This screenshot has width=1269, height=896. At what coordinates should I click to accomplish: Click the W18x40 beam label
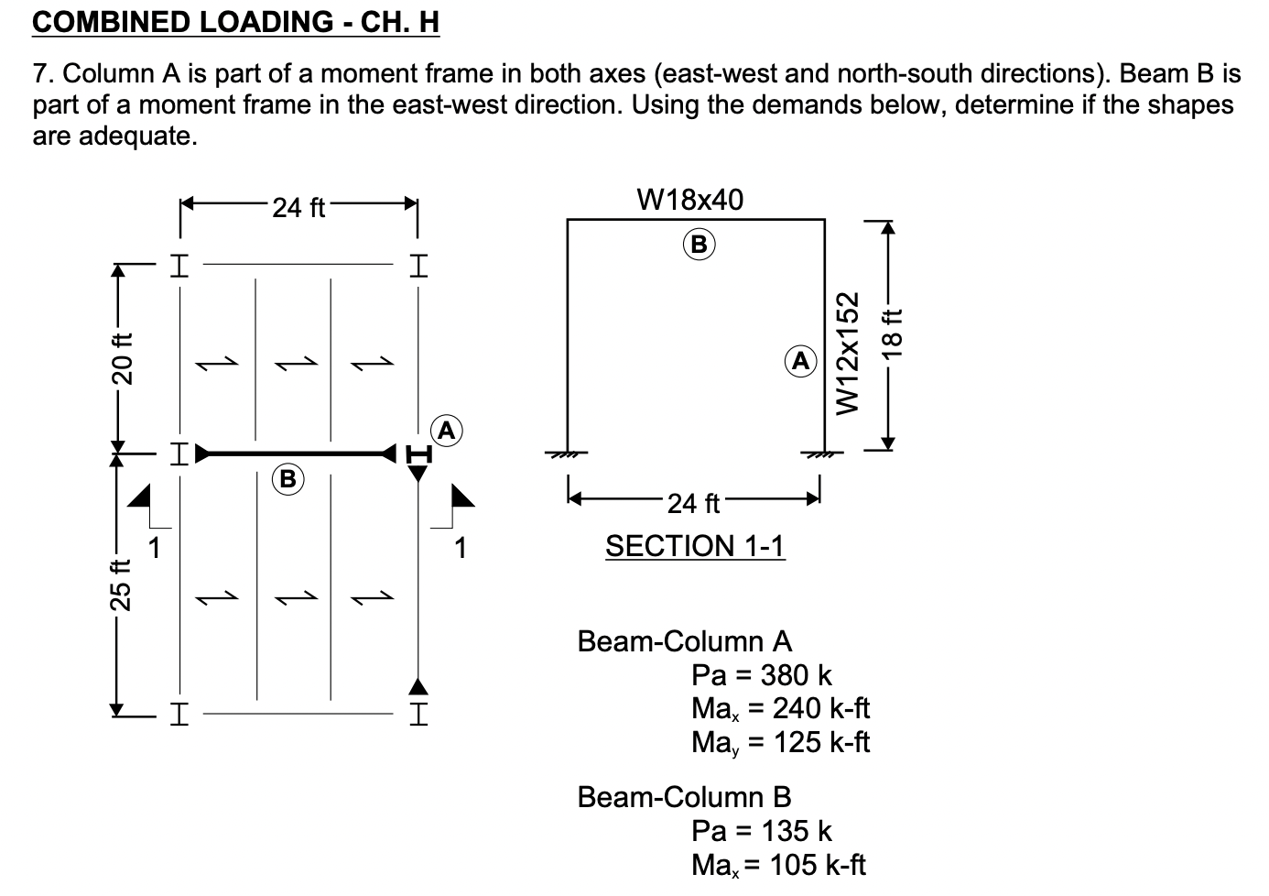click(x=689, y=200)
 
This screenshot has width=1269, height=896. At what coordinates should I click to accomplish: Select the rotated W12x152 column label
click(x=848, y=353)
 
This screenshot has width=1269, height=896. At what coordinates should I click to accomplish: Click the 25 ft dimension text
click(x=121, y=585)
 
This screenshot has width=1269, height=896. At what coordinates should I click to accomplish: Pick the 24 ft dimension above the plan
click(x=298, y=208)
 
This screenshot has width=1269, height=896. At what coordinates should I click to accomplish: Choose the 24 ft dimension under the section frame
click(x=693, y=503)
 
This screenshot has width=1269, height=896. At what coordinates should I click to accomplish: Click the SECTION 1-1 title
click(x=695, y=546)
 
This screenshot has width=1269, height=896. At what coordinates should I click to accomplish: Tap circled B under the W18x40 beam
click(x=700, y=245)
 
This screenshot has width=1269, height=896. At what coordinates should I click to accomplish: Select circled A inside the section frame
click(x=800, y=361)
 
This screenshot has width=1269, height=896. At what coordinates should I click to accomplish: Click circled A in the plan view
click(x=447, y=431)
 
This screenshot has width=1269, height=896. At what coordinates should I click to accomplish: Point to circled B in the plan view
click(x=287, y=479)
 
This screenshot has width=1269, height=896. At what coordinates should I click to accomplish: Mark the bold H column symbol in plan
click(x=418, y=453)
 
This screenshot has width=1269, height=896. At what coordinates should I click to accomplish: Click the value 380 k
click(x=796, y=675)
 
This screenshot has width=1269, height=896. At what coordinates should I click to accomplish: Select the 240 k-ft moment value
click(x=821, y=708)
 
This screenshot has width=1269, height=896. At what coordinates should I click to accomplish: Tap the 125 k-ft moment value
click(x=821, y=742)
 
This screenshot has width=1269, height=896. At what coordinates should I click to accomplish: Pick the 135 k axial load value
click(x=797, y=831)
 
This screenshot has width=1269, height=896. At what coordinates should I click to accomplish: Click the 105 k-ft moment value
click(x=818, y=865)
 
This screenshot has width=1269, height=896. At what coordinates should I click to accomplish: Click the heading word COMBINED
click(x=111, y=22)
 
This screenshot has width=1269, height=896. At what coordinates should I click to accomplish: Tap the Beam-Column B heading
click(x=684, y=797)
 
